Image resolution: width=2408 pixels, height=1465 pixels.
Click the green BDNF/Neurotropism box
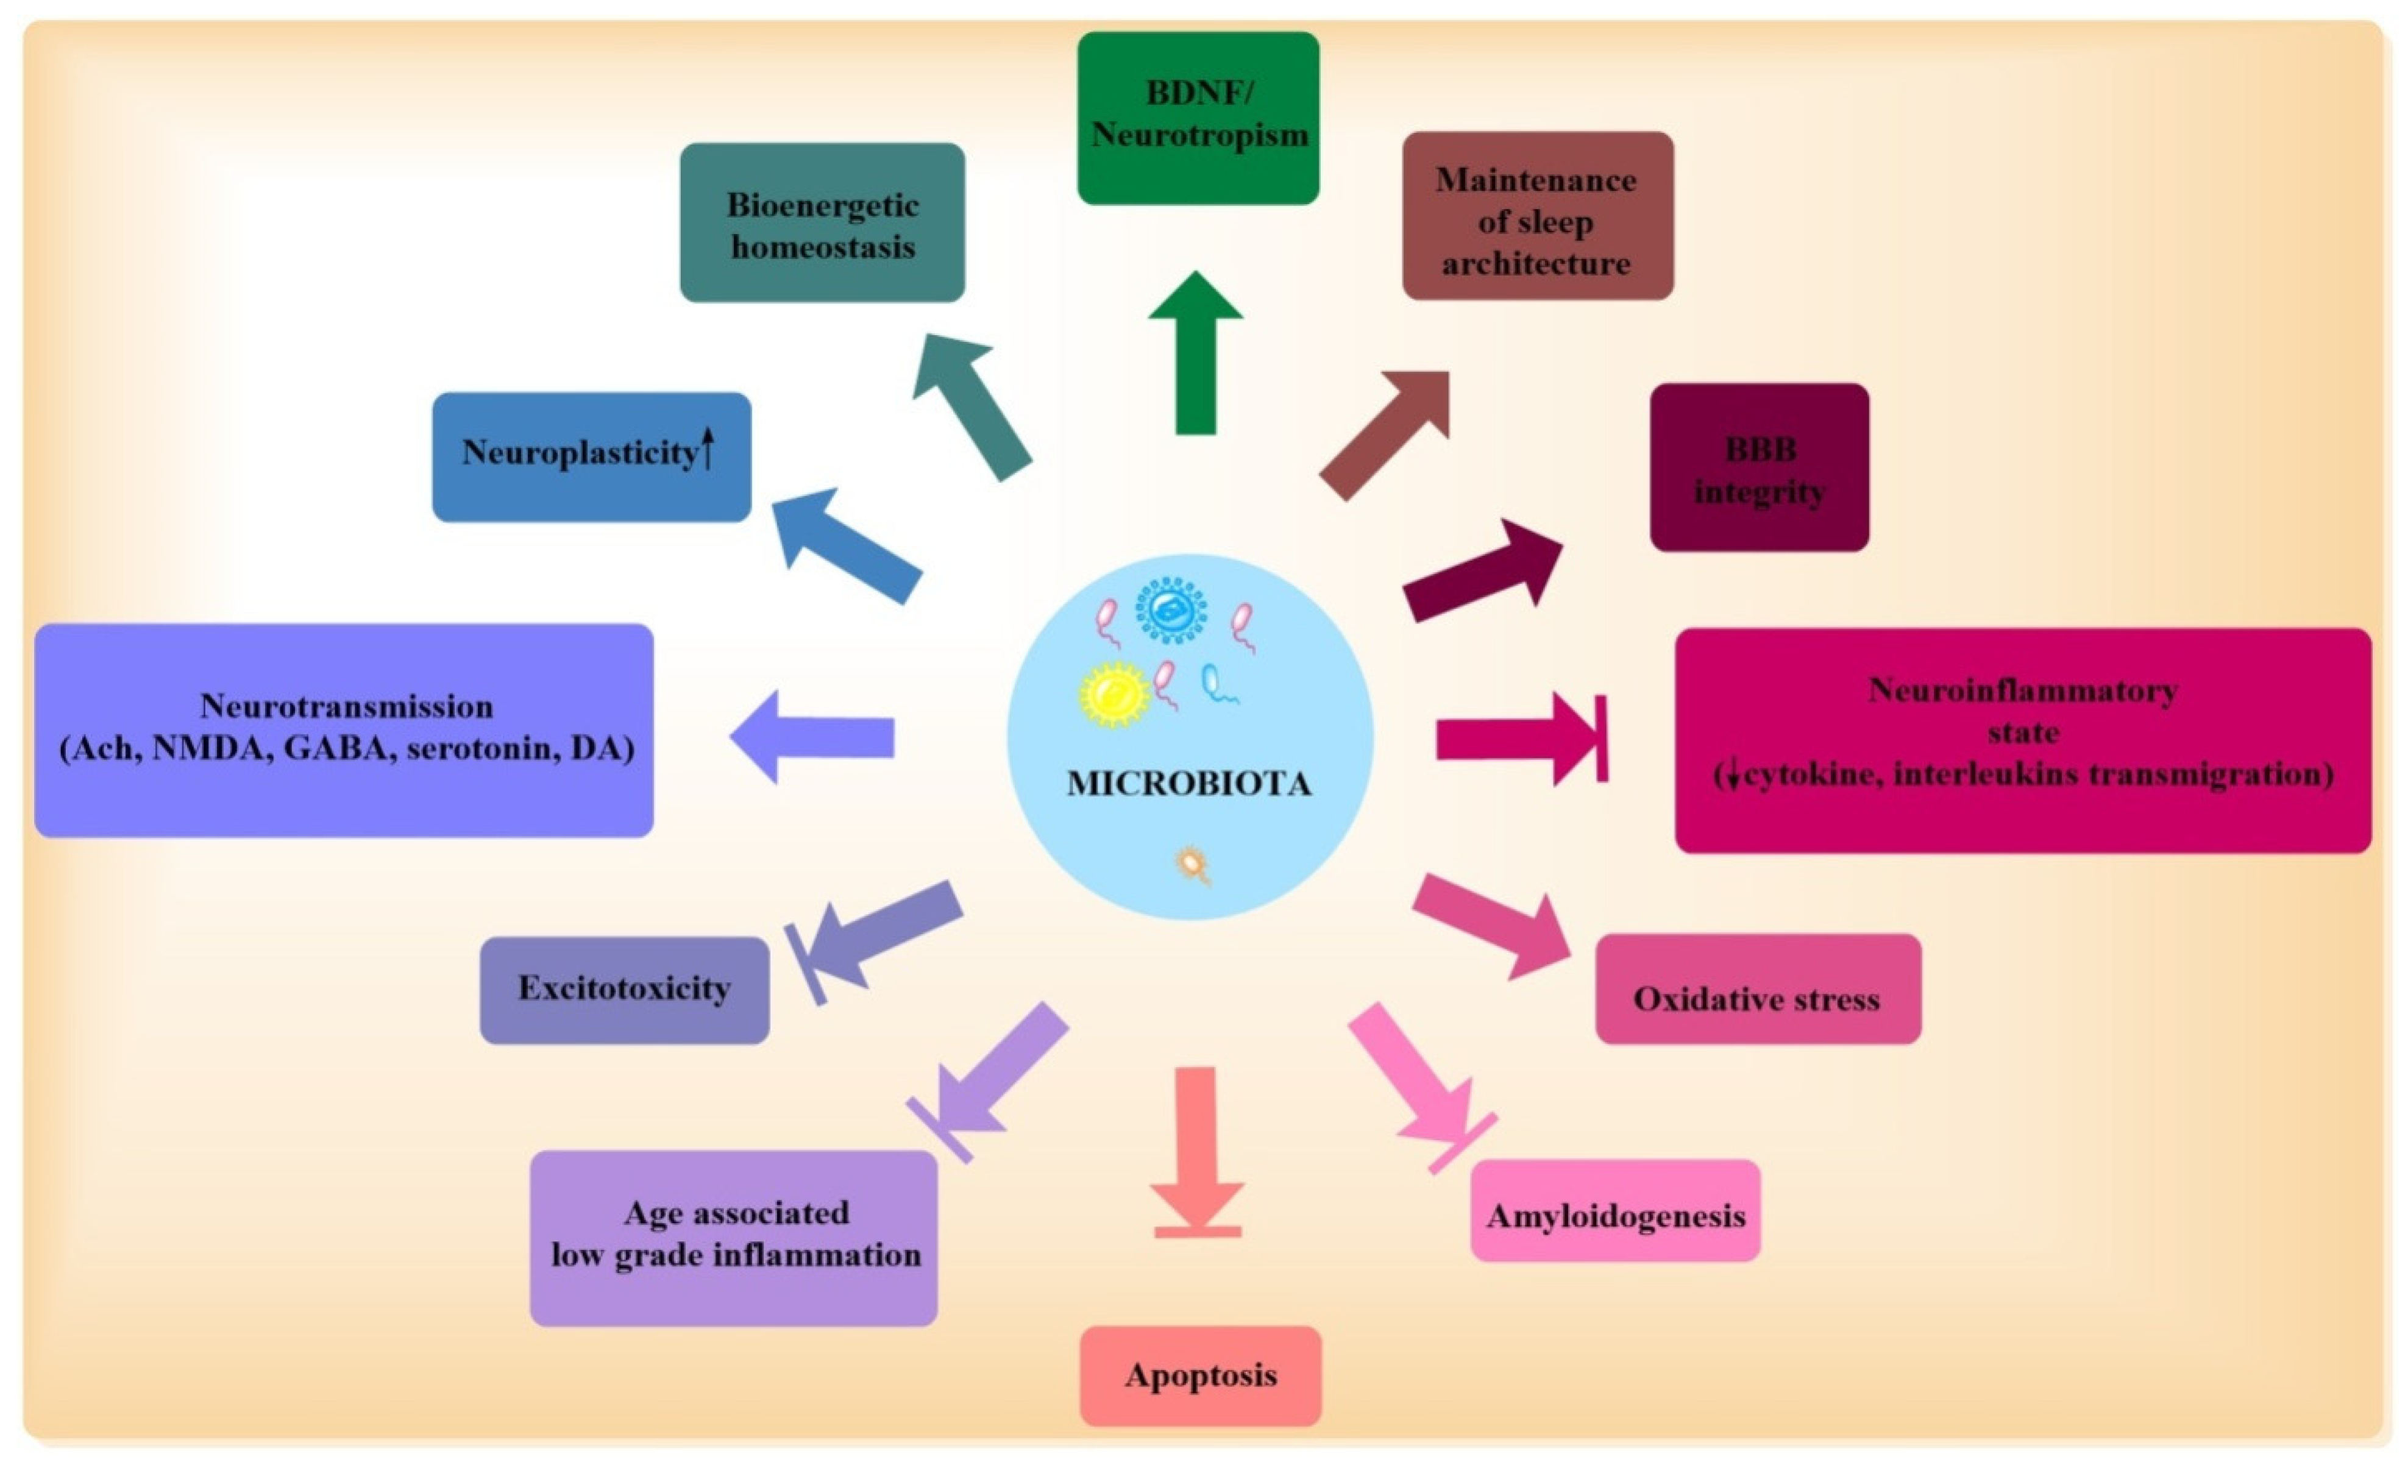click(1198, 117)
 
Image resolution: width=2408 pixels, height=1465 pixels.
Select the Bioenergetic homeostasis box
click(822, 223)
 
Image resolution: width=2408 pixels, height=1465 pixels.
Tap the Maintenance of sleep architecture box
click(1537, 216)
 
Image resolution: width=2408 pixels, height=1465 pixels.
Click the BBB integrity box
click(1759, 467)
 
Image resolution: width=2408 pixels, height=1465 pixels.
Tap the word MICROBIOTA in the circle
click(1188, 784)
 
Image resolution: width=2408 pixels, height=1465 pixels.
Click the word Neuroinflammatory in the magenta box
click(2022, 690)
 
